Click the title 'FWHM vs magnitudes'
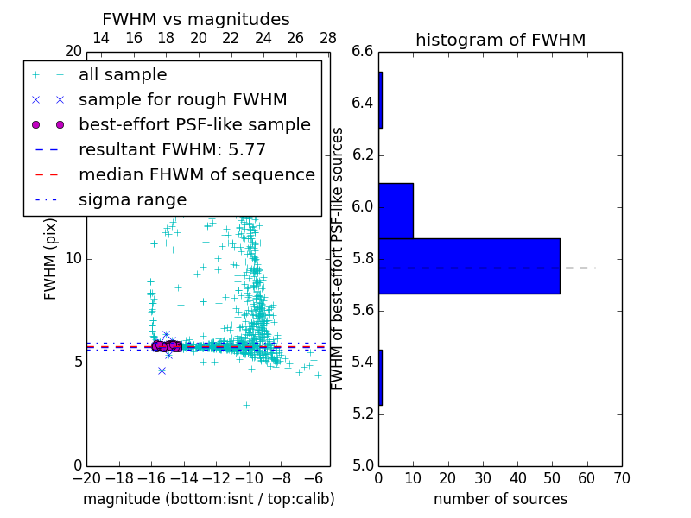tap(195, 20)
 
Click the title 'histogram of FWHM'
tap(500, 40)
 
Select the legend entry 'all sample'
tap(123, 75)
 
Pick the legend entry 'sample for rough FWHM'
tap(182, 100)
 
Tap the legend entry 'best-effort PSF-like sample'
tap(194, 125)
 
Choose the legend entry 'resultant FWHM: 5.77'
tap(172, 150)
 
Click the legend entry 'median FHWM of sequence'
tap(196, 175)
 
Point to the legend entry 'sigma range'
tap(132, 200)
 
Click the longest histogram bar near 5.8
tap(469, 266)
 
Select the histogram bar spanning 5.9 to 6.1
tap(396, 211)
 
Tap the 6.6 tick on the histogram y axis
tap(363, 52)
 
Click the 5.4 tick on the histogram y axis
tap(363, 362)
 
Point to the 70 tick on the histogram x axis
tap(621, 477)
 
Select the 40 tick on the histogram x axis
tap(517, 477)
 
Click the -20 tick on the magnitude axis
tap(86, 477)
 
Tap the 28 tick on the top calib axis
tap(328, 39)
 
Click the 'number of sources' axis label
tap(500, 499)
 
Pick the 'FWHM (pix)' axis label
tap(51, 259)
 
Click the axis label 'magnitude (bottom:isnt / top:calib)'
tap(208, 499)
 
